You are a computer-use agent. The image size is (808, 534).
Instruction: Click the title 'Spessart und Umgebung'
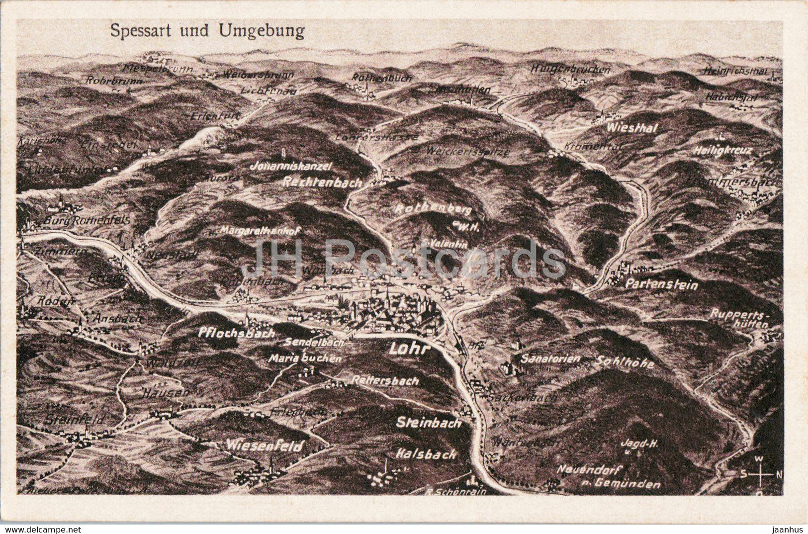pyautogui.click(x=207, y=31)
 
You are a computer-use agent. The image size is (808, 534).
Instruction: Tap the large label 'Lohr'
pyautogui.click(x=409, y=349)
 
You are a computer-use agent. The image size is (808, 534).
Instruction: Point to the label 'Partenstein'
pyautogui.click(x=661, y=285)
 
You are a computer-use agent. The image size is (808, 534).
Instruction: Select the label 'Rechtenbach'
pyautogui.click(x=322, y=182)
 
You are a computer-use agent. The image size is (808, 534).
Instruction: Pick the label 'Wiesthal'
pyautogui.click(x=631, y=128)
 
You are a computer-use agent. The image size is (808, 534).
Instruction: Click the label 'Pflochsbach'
pyautogui.click(x=236, y=333)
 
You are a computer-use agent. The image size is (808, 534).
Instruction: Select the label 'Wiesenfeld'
pyautogui.click(x=264, y=446)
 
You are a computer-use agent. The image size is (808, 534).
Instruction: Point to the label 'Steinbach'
pyautogui.click(x=429, y=423)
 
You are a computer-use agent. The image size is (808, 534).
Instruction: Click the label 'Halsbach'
pyautogui.click(x=426, y=454)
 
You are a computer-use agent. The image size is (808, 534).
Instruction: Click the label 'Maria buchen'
pyautogui.click(x=305, y=358)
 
